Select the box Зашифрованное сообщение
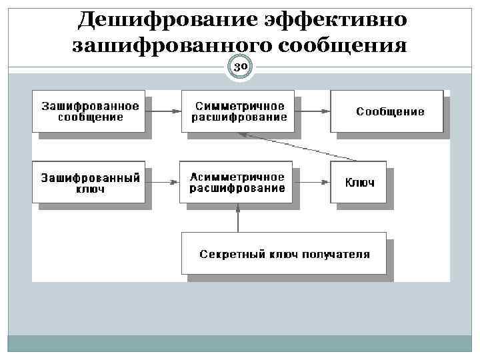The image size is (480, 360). pyautogui.click(x=89, y=111)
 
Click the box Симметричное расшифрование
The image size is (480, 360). pyautogui.click(x=238, y=111)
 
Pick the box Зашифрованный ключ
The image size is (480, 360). pyautogui.click(x=89, y=182)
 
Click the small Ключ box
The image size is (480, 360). pyautogui.click(x=359, y=182)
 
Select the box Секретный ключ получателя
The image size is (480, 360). pyautogui.click(x=284, y=254)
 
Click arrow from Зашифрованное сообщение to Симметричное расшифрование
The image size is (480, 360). pyautogui.click(x=163, y=111)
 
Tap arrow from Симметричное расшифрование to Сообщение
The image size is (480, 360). pyautogui.click(x=313, y=111)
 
